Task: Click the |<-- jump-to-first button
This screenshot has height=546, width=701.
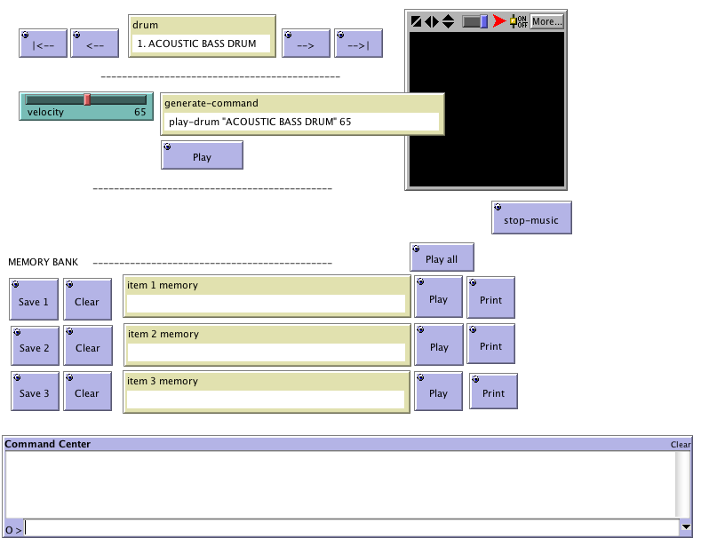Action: [44, 44]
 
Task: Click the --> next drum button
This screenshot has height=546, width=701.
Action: [306, 44]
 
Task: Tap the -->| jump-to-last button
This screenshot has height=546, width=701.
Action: [358, 44]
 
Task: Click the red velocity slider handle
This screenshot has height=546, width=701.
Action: [87, 99]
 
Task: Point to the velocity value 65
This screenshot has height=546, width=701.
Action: [140, 112]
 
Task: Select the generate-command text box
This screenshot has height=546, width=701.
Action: [302, 122]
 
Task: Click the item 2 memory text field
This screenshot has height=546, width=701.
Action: [267, 352]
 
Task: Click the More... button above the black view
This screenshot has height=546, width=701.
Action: [546, 20]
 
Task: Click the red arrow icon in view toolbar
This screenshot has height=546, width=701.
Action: [499, 20]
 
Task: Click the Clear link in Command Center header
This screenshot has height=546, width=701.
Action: [680, 444]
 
